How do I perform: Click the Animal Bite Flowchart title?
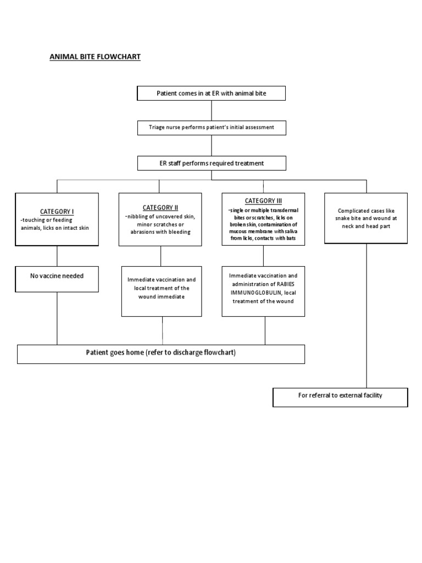(x=95, y=57)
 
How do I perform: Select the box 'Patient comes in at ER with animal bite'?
(x=211, y=94)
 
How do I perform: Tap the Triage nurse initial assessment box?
(x=211, y=128)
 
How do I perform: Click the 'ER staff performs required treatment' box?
(x=211, y=163)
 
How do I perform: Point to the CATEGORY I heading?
(x=57, y=212)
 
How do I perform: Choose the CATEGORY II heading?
(x=160, y=207)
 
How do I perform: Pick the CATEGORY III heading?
(x=263, y=201)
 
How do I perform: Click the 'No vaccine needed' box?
(x=57, y=276)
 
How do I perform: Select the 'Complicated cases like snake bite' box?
(x=365, y=218)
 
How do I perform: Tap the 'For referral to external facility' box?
(x=340, y=396)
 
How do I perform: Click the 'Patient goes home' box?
(x=160, y=353)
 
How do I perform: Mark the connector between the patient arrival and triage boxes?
(x=212, y=111)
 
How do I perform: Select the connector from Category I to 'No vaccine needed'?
(x=57, y=255)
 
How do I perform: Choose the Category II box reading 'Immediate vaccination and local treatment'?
(x=160, y=289)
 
